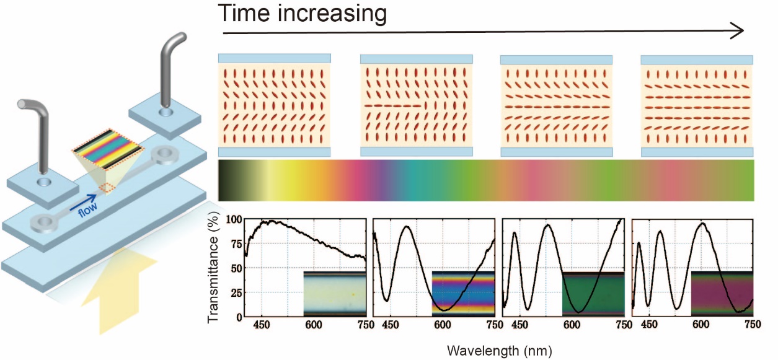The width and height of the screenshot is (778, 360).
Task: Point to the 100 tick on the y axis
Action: click(x=233, y=220)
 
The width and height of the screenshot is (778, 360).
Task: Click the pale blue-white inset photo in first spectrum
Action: click(x=335, y=293)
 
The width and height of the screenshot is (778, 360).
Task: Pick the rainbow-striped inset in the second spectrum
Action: click(x=463, y=293)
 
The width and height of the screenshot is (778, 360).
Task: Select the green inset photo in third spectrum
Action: click(x=592, y=293)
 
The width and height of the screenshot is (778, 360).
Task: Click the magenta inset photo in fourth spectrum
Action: click(x=722, y=293)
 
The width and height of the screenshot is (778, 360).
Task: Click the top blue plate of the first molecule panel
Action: click(x=274, y=58)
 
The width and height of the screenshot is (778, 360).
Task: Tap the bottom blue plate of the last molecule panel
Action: click(x=697, y=152)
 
